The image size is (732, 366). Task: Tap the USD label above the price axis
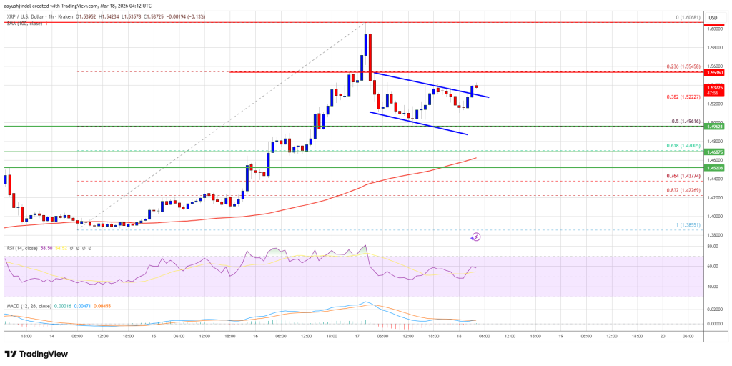[712, 18]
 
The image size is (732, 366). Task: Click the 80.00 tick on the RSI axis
[711, 247]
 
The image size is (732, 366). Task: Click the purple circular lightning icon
[476, 237]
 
